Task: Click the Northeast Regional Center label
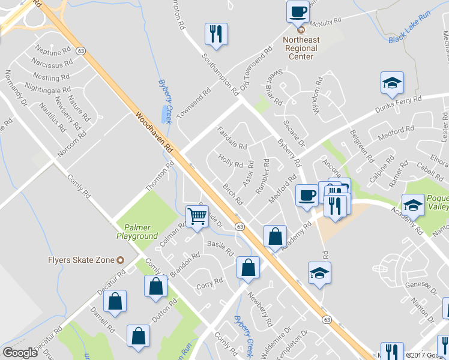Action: coord(301,48)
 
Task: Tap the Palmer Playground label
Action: coord(137,232)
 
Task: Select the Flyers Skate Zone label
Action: coord(80,260)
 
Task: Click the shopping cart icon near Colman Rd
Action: coord(197,217)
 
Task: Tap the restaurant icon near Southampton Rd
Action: coord(216,34)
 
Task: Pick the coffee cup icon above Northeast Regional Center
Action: coord(298,12)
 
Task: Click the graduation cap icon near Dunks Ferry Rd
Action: coord(392,83)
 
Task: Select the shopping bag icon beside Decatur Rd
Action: coord(115,302)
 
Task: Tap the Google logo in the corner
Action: coord(20,353)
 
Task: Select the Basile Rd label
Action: coord(220,248)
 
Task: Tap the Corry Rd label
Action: coord(209,283)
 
